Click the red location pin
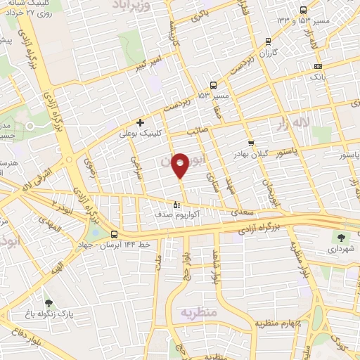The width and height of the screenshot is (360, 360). [181, 166]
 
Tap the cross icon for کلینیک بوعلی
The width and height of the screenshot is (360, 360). [141, 122]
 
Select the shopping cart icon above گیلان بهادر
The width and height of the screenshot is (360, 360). [251, 143]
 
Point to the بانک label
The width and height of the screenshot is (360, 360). [318, 75]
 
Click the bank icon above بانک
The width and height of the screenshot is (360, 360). [318, 65]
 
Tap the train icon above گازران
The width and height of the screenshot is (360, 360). [267, 42]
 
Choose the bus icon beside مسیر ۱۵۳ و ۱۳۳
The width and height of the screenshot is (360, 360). [303, 10]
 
